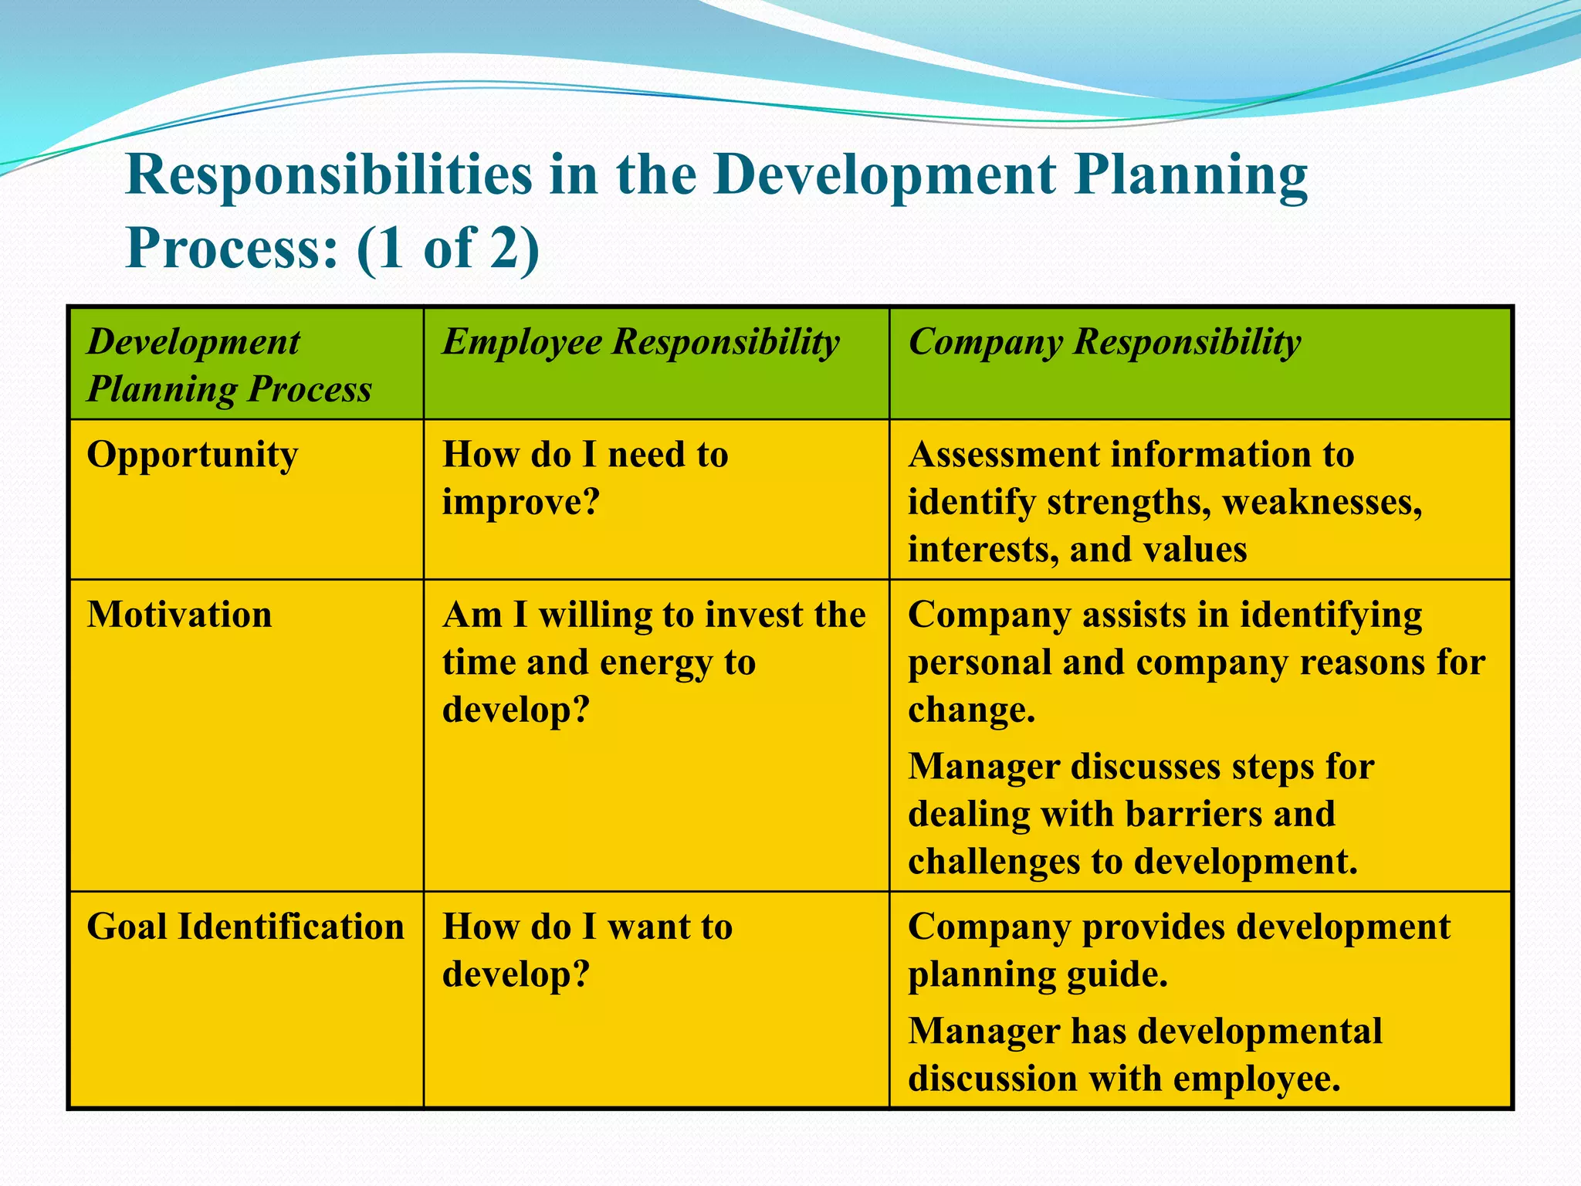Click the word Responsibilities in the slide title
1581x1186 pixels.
[328, 175]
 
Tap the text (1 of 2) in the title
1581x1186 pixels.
[448, 249]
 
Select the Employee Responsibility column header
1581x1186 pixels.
[641, 342]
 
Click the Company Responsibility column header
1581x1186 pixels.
[1105, 342]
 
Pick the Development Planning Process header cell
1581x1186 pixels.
[229, 364]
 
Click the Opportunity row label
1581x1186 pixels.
[192, 455]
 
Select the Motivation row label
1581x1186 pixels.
[179, 615]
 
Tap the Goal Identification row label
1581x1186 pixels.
[245, 927]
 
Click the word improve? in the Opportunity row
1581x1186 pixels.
[521, 503]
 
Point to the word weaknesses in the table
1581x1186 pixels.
[1322, 503]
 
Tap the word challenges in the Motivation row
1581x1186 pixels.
[994, 862]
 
